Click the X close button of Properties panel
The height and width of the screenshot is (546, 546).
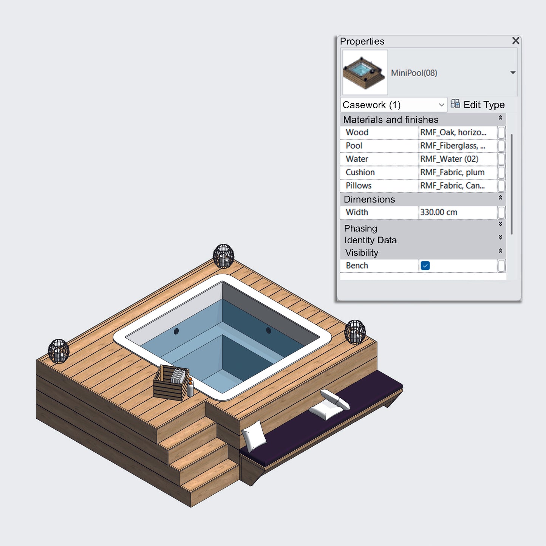(x=515, y=41)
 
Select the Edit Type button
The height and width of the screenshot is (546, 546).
(x=478, y=105)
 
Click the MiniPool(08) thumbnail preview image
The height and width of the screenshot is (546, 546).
(x=365, y=73)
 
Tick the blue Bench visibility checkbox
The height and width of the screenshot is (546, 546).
(x=425, y=266)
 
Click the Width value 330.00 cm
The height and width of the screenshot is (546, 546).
(x=439, y=212)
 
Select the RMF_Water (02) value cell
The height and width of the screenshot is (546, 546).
(x=449, y=159)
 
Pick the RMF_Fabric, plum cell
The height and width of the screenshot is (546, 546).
(x=452, y=172)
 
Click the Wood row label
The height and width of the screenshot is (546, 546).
(x=357, y=133)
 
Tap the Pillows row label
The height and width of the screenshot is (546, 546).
(x=359, y=186)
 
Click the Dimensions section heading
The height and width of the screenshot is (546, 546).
(x=369, y=199)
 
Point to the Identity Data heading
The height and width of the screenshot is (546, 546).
(x=370, y=240)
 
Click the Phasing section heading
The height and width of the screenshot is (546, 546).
(x=360, y=228)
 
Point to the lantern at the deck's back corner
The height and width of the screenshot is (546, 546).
(x=223, y=256)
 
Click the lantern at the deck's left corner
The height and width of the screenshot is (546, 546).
(x=59, y=351)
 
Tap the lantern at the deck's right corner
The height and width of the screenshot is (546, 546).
(x=355, y=332)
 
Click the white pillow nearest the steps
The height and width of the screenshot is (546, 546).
(x=254, y=434)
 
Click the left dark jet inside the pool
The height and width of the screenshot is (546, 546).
(x=176, y=331)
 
